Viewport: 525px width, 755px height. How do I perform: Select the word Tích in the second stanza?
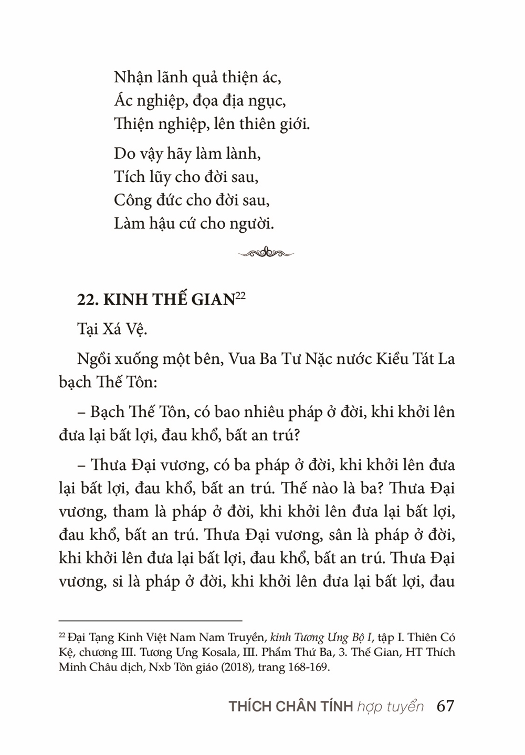pos(129,177)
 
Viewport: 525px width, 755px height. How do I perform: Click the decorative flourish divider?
pos(266,253)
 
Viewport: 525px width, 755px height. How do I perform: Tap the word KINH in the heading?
pos(126,299)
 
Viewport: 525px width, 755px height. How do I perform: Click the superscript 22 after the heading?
pos(240,295)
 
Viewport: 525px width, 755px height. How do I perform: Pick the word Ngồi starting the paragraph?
pos(93,359)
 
